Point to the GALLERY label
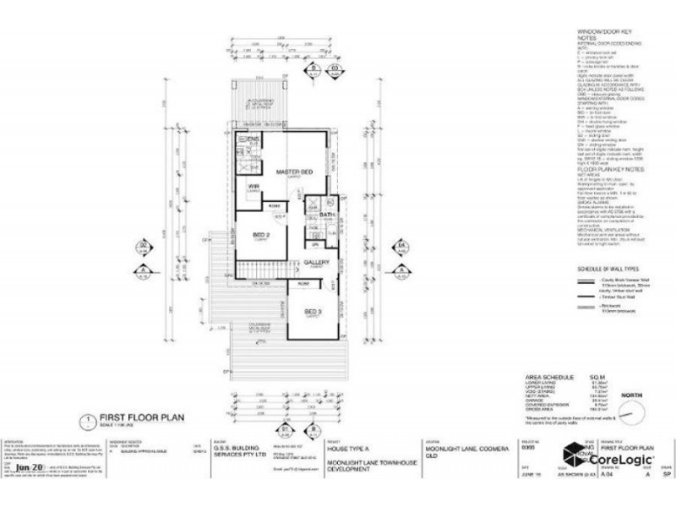point(318,263)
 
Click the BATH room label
point(328,215)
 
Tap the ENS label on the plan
point(252,137)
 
